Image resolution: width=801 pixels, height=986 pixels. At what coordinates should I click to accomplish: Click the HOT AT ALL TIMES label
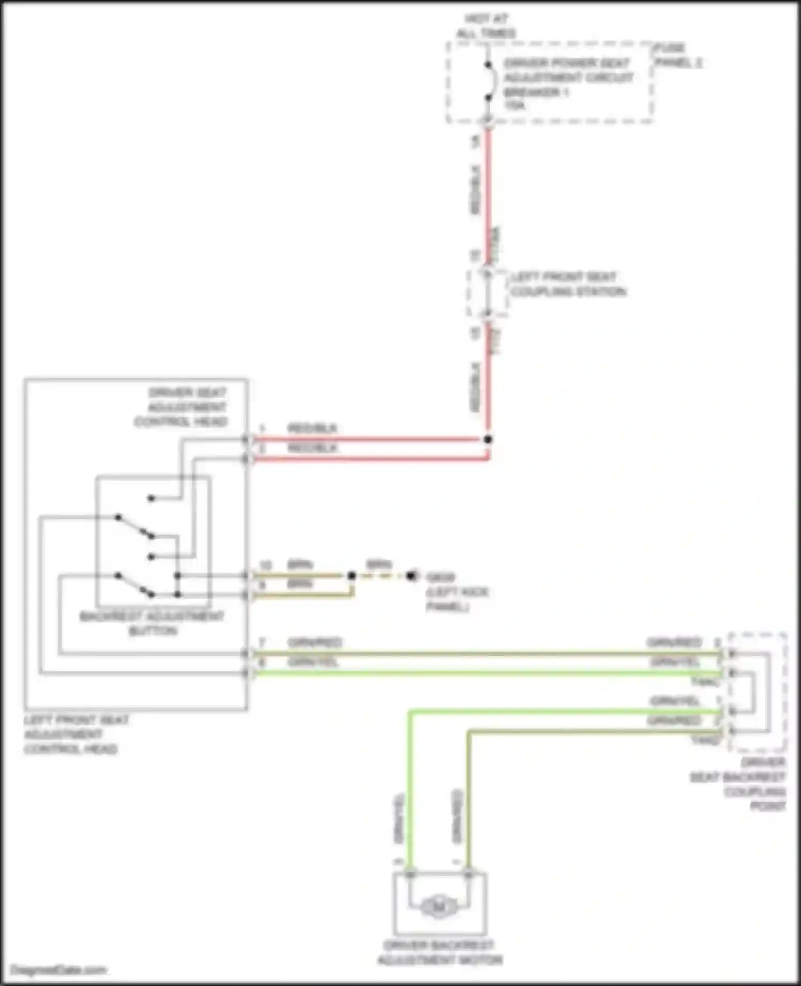pos(485,26)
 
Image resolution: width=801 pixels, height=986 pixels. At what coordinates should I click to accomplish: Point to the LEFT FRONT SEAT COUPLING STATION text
pos(568,284)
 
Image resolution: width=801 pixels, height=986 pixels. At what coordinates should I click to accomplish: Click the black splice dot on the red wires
pos(488,440)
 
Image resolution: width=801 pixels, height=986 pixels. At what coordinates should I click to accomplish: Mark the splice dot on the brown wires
pos(351,576)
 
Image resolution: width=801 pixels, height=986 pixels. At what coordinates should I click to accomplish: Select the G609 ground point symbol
pos(411,576)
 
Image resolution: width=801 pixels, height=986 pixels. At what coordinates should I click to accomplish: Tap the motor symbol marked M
pos(439,906)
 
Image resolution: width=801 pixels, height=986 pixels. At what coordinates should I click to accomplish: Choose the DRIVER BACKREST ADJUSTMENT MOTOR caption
pos(439,953)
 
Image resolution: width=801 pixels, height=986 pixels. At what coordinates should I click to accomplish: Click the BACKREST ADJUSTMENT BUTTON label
pos(152,623)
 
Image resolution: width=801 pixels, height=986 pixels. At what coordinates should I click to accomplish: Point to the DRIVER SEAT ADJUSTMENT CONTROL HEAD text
pos(182,407)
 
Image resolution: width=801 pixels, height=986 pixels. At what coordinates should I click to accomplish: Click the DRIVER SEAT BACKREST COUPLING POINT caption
pos(740,784)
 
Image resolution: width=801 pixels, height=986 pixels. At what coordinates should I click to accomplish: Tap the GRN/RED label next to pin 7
pos(315,643)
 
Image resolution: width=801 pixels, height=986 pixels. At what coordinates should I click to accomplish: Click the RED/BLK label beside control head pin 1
pos(312,428)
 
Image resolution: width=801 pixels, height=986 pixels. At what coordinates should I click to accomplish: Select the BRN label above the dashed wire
pos(379,565)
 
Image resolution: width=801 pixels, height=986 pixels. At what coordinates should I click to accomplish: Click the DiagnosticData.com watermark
pos(59,970)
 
